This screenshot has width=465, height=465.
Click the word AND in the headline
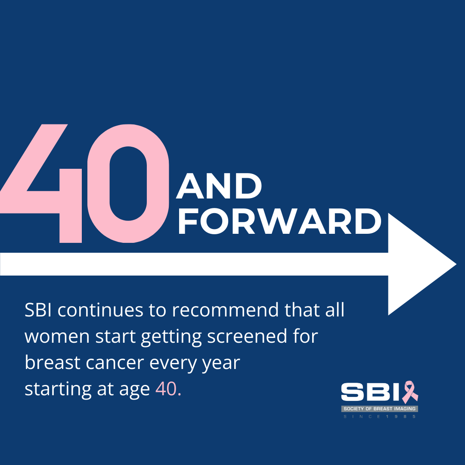coord(219,187)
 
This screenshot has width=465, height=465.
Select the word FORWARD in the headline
coord(279,222)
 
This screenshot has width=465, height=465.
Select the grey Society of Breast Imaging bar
coord(379,409)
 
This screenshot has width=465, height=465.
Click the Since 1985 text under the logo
coord(379,417)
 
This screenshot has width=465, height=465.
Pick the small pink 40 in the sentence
coord(166,389)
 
